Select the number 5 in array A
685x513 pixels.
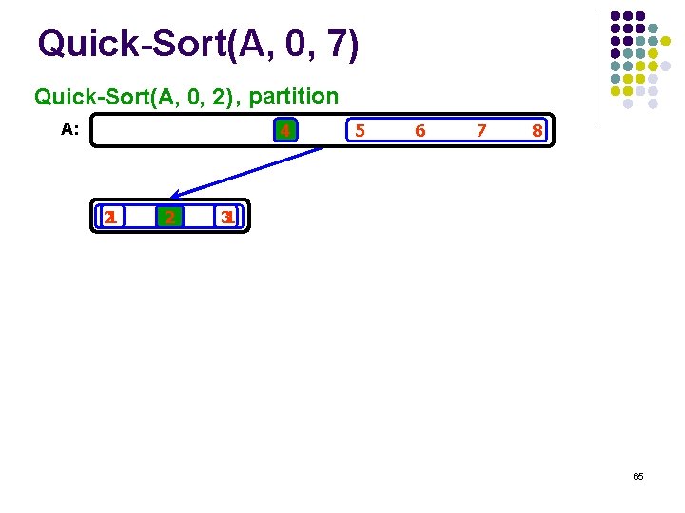(359, 131)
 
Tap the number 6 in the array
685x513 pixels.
(420, 131)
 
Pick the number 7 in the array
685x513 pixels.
(481, 131)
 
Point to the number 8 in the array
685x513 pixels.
(538, 131)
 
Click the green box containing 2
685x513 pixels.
(169, 218)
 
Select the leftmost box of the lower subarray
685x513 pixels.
(111, 218)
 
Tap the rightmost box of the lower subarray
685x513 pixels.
(227, 218)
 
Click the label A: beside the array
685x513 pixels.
(69, 129)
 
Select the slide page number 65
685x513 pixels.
(637, 475)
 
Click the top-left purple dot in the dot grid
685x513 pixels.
(616, 16)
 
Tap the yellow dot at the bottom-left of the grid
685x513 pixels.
(616, 92)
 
